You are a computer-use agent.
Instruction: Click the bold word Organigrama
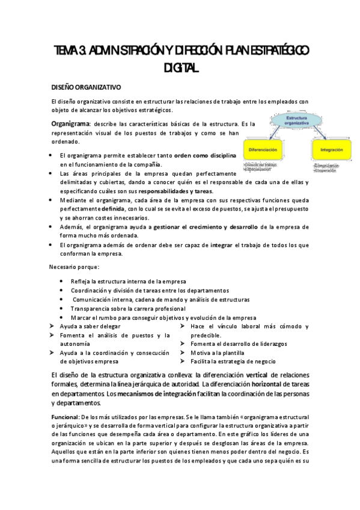71,123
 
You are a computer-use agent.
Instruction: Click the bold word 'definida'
113,207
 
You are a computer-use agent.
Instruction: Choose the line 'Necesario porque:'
74,266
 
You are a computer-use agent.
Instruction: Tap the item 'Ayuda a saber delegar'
90,326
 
